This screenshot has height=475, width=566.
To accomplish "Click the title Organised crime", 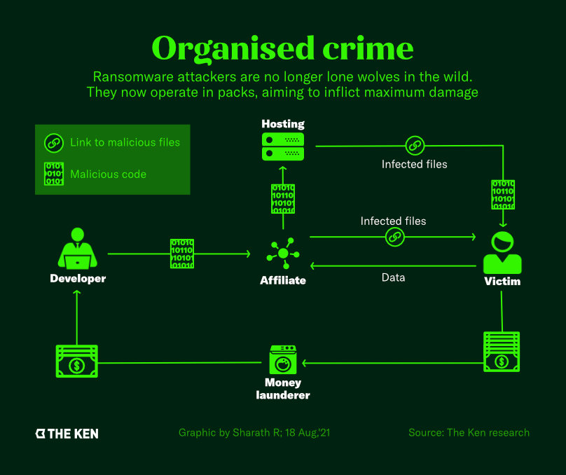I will pyautogui.click(x=282, y=48).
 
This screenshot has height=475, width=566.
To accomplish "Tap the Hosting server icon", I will pyautogui.click(x=282, y=146).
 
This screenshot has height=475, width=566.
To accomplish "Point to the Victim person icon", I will pyautogui.click(x=502, y=252).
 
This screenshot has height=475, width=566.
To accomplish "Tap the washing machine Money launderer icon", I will pyautogui.click(x=283, y=361).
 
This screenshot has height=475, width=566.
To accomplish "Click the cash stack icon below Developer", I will pyautogui.click(x=76, y=362).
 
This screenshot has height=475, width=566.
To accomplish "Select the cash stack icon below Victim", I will pyautogui.click(x=502, y=351).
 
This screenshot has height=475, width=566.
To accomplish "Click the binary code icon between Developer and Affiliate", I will pyautogui.click(x=182, y=254).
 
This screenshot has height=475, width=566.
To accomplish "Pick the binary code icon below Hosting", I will pyautogui.click(x=283, y=198).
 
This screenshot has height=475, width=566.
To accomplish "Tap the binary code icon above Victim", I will pyautogui.click(x=503, y=195).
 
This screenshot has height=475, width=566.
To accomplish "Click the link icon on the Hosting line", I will pyautogui.click(x=414, y=146).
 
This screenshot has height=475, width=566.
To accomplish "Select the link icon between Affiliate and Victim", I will pyautogui.click(x=394, y=238).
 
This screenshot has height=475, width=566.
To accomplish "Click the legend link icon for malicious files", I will pyautogui.click(x=54, y=142).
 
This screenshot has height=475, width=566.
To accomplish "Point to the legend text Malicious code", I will pyautogui.click(x=108, y=174).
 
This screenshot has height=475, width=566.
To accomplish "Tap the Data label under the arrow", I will pyautogui.click(x=393, y=277).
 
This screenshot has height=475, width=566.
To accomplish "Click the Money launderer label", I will pyautogui.click(x=283, y=389).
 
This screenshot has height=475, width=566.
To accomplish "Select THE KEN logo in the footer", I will pyautogui.click(x=67, y=434).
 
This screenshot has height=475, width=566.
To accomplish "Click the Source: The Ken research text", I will pyautogui.click(x=469, y=433).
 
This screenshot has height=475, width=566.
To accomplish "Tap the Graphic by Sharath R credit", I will pyautogui.click(x=254, y=433).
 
